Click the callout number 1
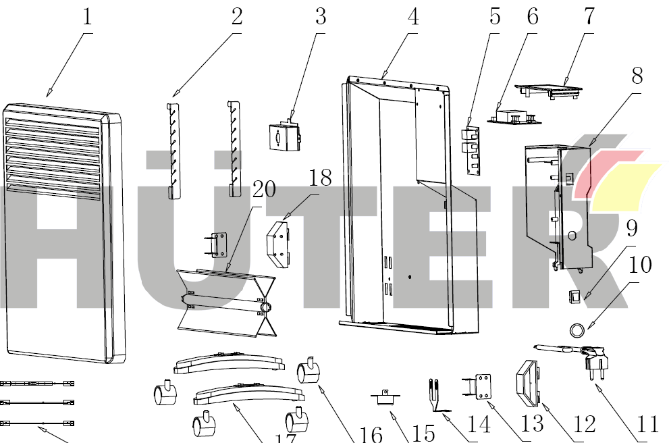point(87,18)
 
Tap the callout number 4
point(412,18)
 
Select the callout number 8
point(637,76)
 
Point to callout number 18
point(321,178)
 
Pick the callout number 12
point(585,423)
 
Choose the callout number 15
point(423,433)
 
